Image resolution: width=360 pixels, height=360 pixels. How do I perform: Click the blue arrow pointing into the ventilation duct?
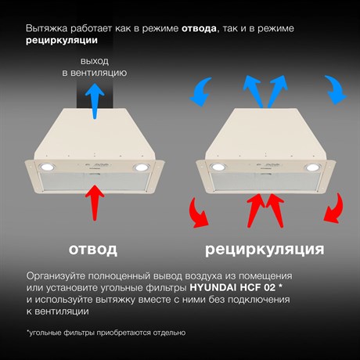pyautogui.click(x=95, y=101)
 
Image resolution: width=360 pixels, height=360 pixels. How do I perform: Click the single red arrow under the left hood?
pyautogui.click(x=95, y=203)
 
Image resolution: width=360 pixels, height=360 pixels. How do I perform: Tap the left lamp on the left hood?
pyautogui.click(x=47, y=167)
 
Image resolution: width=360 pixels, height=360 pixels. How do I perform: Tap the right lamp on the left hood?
pyautogui.click(x=142, y=167)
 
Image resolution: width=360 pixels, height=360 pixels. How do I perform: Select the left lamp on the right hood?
pyautogui.click(x=218, y=167)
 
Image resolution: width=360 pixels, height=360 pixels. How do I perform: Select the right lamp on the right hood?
pyautogui.click(x=312, y=167)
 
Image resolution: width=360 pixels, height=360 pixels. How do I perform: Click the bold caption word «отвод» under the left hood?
pyautogui.click(x=93, y=250)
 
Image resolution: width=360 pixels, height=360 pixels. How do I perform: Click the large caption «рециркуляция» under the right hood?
pyautogui.click(x=265, y=250)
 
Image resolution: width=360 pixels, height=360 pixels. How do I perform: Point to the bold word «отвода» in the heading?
pyautogui.click(x=199, y=28)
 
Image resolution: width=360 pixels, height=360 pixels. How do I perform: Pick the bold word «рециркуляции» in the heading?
pyautogui.click(x=62, y=41)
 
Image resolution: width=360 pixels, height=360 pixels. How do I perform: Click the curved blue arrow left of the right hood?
pyautogui.click(x=201, y=92)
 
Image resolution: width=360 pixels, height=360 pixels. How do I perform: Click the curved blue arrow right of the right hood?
pyautogui.click(x=336, y=89)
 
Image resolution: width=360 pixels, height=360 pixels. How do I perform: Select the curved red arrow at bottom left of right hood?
pyautogui.click(x=199, y=214)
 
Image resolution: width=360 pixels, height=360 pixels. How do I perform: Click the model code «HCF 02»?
pyautogui.click(x=257, y=287)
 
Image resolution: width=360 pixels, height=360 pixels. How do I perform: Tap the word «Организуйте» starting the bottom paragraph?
pyautogui.click(x=56, y=276)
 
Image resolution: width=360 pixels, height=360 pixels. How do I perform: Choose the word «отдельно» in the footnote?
pyautogui.click(x=169, y=333)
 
